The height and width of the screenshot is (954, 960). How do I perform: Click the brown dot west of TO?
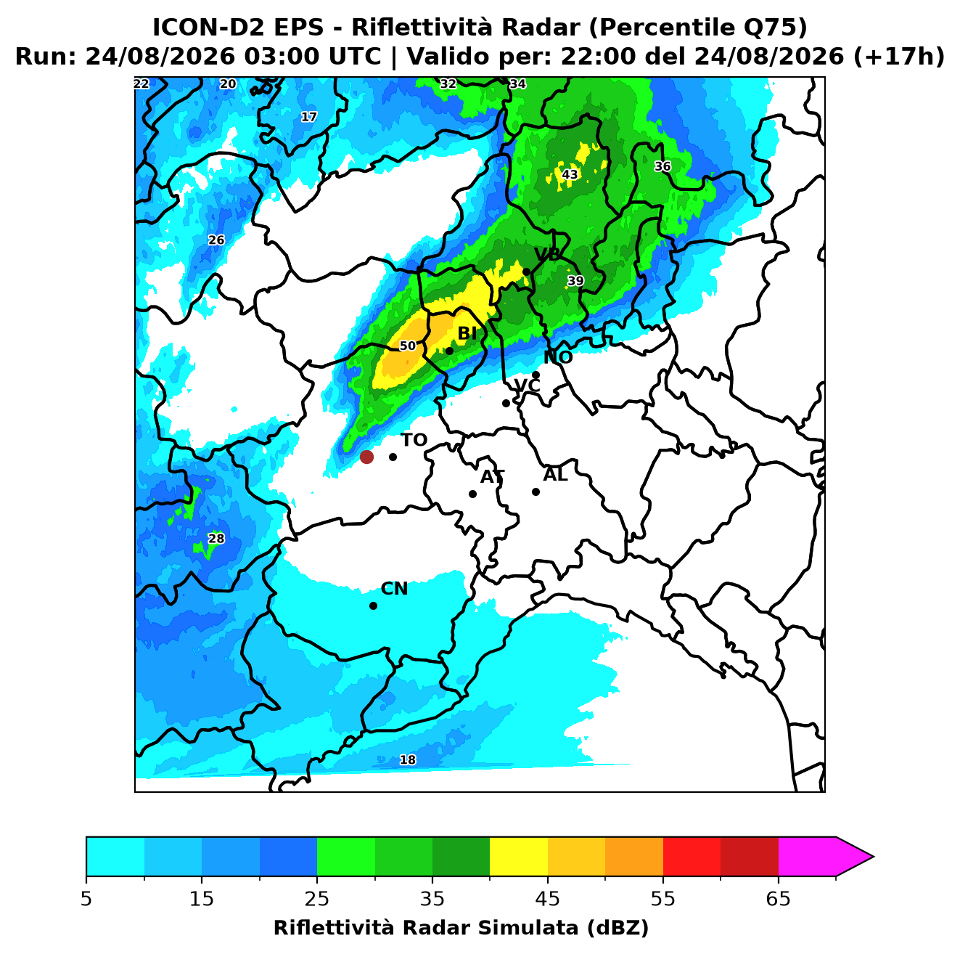tap(366, 456)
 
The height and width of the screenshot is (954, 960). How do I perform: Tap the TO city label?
tap(414, 440)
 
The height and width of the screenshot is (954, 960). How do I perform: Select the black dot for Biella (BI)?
tap(449, 351)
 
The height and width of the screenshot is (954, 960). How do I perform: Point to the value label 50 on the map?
tap(408, 346)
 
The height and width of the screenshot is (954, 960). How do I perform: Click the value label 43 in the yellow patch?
tap(570, 174)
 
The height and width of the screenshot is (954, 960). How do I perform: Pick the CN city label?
tap(394, 589)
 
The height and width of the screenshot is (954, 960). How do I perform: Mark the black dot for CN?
tap(373, 606)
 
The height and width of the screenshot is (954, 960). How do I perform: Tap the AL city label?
tap(555, 475)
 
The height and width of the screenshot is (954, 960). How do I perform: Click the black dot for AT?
tap(472, 494)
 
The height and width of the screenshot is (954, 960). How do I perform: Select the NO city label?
tap(557, 357)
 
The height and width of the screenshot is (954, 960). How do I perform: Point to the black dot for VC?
tap(506, 403)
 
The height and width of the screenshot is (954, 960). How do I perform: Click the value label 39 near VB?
tap(575, 281)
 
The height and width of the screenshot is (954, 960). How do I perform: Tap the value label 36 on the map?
tap(662, 166)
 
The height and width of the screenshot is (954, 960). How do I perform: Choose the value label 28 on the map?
tap(216, 538)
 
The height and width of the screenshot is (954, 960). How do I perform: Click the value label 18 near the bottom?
tap(408, 759)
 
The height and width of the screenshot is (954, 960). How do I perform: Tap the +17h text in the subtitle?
tap(899, 57)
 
